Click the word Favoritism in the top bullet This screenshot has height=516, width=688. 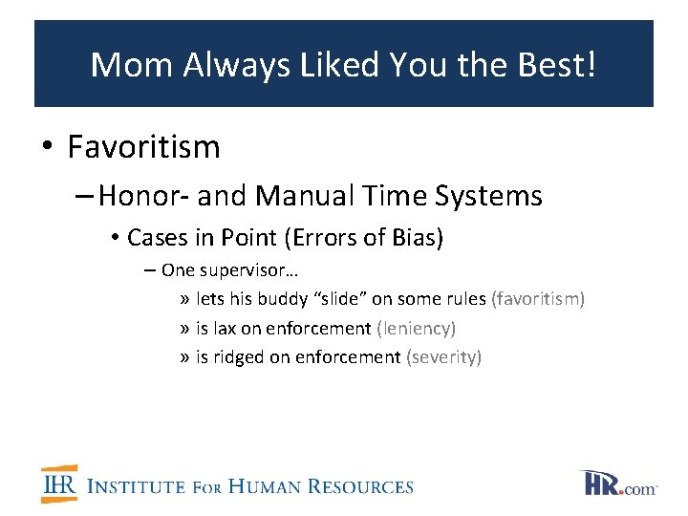143,147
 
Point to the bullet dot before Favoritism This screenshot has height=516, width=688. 48,148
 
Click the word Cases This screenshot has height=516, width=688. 156,237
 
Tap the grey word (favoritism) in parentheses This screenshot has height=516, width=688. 537,299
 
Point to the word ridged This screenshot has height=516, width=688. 238,356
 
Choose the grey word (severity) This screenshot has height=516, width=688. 443,356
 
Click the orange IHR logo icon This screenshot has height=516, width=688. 59,484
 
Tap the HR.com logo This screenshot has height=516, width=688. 618,483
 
